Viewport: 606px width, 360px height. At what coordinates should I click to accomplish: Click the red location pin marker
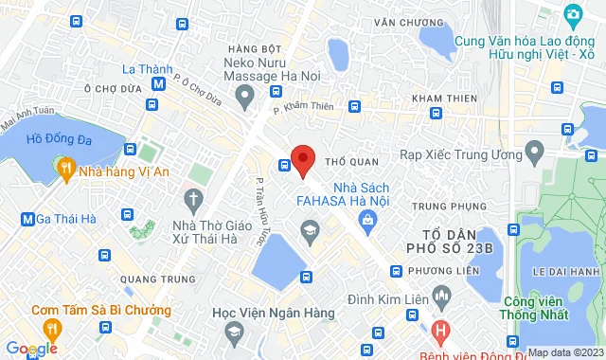pos(302,159)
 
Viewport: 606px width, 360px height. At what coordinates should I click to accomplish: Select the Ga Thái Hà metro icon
pos(27,220)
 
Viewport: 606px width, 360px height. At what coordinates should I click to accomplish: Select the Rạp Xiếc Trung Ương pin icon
pos(534,150)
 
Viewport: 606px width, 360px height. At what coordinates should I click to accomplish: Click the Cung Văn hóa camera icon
pos(572,15)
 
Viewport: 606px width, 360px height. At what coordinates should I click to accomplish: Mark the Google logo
pos(29,349)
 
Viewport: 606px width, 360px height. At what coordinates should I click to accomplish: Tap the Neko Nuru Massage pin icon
pos(246,93)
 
